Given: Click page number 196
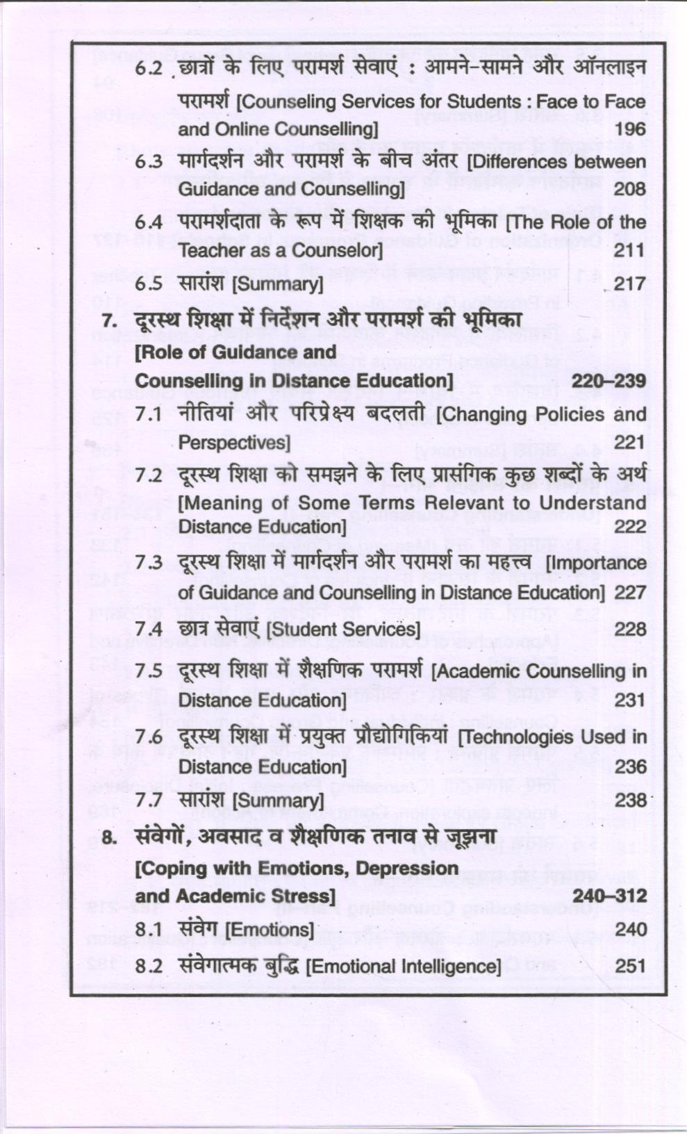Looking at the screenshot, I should pos(630,129).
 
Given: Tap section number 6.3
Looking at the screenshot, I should pos(149,162).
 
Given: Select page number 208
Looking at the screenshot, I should pos(630,189).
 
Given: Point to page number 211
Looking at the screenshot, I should pos(630,250).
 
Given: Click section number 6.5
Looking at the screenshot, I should pos(149,284).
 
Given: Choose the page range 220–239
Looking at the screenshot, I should pos(609,381).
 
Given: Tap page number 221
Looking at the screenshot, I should pos(630,443).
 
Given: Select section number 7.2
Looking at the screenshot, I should pos(149,476).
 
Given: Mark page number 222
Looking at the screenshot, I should pos(630,527).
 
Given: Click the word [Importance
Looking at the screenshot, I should pos(596,562).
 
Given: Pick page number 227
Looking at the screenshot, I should pos(630,593).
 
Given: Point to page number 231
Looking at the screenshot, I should pos(630,700).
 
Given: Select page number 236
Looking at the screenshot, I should pos(630,767).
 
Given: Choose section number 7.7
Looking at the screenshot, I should pos(149,800).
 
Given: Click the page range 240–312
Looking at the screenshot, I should pos(609,896).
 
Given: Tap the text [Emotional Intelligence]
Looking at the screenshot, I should pos(403,967).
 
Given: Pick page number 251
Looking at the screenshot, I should pos(630,967).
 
